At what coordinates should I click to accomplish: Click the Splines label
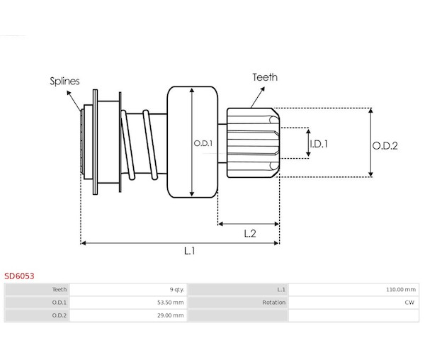64,81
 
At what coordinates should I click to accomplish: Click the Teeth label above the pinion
265,77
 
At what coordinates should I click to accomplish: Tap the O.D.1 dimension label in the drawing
203,143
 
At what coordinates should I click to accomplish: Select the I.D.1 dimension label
319,144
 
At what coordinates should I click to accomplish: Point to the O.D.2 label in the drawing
385,146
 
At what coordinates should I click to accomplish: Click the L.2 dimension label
250,233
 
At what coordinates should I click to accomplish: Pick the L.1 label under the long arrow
189,251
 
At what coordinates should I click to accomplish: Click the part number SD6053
19,276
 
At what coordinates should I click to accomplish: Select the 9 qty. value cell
176,290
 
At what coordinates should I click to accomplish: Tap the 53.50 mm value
171,303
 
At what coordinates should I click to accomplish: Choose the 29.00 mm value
171,315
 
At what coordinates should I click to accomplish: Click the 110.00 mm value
401,290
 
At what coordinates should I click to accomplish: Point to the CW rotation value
409,303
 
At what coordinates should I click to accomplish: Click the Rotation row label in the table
273,303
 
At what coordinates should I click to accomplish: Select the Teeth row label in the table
59,290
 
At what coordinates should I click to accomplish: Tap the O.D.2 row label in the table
59,315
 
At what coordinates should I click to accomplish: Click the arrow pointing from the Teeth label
258,97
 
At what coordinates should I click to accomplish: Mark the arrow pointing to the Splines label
74,101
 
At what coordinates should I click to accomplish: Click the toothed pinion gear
253,143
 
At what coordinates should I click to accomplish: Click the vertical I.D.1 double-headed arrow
308,143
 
